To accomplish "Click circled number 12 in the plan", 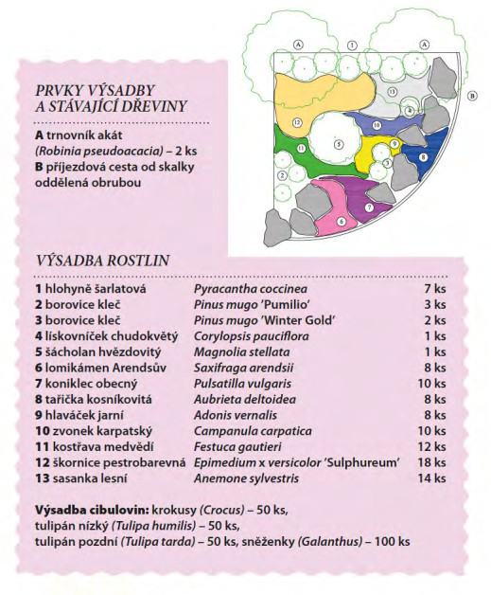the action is tap(297, 122).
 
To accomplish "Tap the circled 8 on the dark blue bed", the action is tap(423, 156).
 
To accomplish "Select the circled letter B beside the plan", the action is tap(472, 96).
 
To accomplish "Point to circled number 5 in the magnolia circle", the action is tap(339, 144).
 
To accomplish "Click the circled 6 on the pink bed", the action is tap(341, 221).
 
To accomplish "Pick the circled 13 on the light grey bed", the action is tap(392, 92).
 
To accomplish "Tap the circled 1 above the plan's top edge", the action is tap(352, 45).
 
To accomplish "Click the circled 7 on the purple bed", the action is tap(369, 207).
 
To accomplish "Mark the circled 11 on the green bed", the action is tap(302, 148).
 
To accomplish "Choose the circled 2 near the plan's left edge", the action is tap(282, 175).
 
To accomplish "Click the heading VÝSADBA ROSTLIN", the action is tap(102, 261).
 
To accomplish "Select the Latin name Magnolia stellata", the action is tap(241, 352).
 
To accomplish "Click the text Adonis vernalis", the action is tap(236, 415).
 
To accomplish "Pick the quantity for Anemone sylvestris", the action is tap(431, 478).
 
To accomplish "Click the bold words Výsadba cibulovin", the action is tap(92, 510).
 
